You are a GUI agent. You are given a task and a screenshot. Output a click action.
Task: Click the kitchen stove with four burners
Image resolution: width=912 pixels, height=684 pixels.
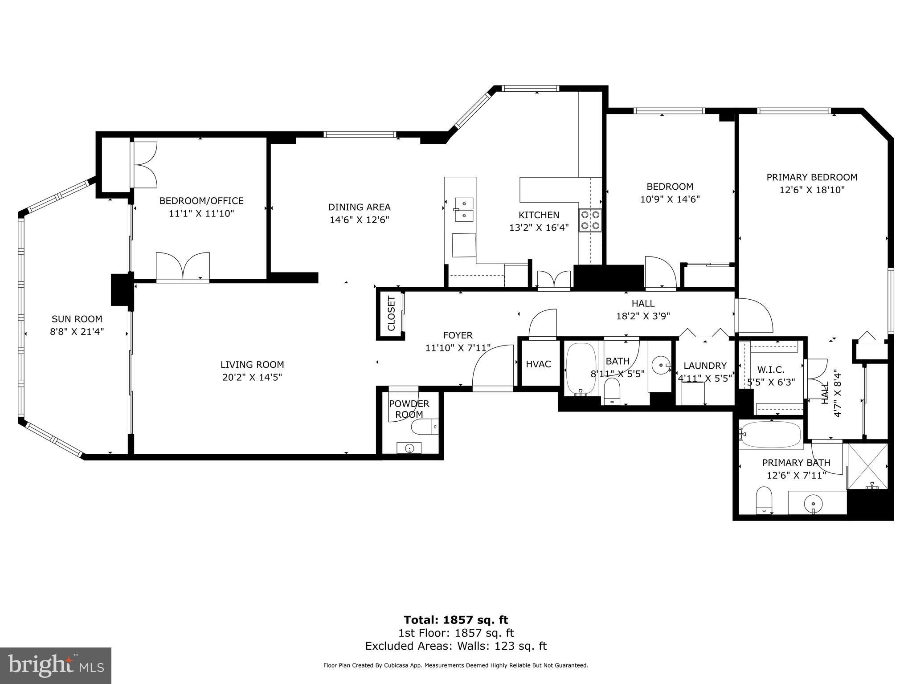click(x=590, y=220)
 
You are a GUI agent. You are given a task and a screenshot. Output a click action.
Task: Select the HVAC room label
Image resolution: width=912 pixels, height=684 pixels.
click(x=538, y=364)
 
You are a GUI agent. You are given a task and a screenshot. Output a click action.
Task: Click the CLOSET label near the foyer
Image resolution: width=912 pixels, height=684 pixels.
click(x=391, y=313)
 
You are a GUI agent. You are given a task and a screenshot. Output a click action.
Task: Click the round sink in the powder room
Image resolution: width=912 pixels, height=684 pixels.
click(x=409, y=448)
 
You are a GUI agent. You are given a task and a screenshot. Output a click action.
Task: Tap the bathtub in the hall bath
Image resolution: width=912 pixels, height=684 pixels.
click(x=581, y=368)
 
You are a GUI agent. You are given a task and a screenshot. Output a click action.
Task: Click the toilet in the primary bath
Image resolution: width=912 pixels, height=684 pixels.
click(x=764, y=500)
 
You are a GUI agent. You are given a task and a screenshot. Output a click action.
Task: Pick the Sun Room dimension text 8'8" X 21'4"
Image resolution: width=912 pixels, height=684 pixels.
click(x=77, y=331)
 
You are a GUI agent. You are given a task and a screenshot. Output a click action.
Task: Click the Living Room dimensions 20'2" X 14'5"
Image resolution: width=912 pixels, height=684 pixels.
click(x=252, y=377)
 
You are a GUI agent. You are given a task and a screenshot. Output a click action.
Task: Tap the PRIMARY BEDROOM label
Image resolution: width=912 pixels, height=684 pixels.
click(x=812, y=177)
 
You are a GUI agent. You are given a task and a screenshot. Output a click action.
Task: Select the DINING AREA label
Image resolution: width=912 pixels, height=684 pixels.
click(x=360, y=207)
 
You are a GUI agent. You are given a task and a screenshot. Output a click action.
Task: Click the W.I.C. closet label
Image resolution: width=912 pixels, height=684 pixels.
click(x=771, y=370)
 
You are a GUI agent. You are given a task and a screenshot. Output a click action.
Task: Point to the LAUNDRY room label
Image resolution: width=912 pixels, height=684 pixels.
click(x=705, y=366)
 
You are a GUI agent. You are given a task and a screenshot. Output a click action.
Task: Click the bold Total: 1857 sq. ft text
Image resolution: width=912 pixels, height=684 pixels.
click(x=456, y=620)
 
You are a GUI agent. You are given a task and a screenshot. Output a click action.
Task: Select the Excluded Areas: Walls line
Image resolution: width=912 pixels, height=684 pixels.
click(x=456, y=646)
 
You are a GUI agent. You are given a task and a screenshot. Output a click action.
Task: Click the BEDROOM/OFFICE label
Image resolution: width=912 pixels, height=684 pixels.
click(x=201, y=201)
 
